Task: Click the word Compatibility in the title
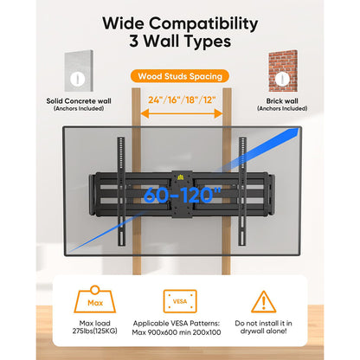point(203,24)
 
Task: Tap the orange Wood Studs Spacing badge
point(180,76)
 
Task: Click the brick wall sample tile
point(283,71)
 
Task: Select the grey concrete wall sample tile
point(79,71)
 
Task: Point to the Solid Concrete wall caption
point(79,101)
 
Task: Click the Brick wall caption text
point(282,101)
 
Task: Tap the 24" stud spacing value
point(156,100)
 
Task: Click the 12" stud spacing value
point(209,100)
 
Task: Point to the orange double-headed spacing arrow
point(182,113)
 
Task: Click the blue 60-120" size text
point(183,196)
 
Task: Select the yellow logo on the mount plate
point(180,177)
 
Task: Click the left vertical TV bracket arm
point(121,191)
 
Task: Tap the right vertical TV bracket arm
point(242,191)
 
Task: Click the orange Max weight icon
point(95,299)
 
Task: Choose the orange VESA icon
point(180,301)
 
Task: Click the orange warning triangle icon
point(263,302)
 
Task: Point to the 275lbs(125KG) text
point(95,331)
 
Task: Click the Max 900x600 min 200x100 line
point(177,332)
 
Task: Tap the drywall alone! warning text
point(263,331)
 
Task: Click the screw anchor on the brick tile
point(282,79)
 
